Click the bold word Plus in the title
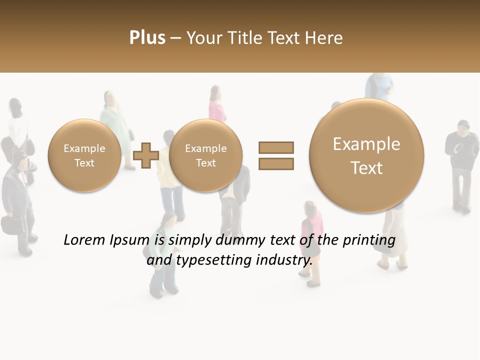[x=147, y=37]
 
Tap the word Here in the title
[x=325, y=37]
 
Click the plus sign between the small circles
[x=146, y=155]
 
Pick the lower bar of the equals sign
[x=276, y=163]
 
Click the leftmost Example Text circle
[x=84, y=155]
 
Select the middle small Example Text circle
[x=205, y=155]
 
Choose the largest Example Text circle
[x=366, y=155]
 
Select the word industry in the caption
[x=283, y=260]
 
